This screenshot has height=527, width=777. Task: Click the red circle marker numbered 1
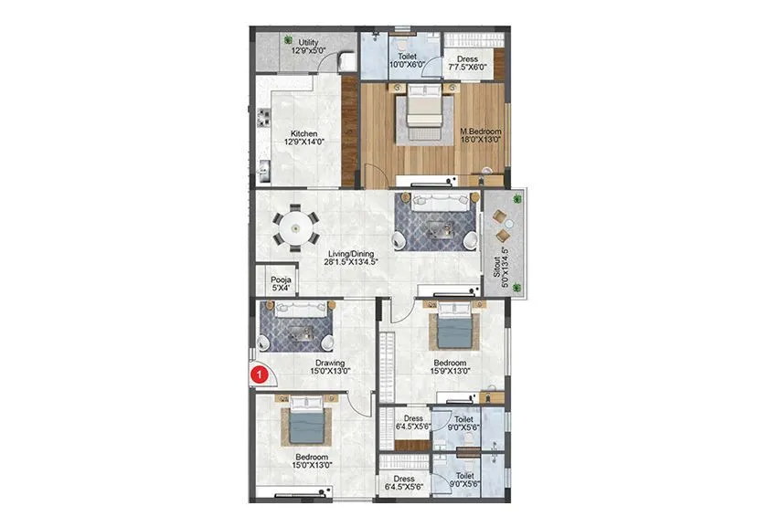coord(261,373)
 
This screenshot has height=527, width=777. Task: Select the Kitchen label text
coord(304,133)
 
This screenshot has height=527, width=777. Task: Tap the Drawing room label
coord(305,363)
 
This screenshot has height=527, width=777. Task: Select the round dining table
coord(294,226)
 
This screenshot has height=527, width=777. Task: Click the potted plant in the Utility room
coord(287,40)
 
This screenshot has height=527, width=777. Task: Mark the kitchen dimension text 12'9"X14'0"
coord(304,142)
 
